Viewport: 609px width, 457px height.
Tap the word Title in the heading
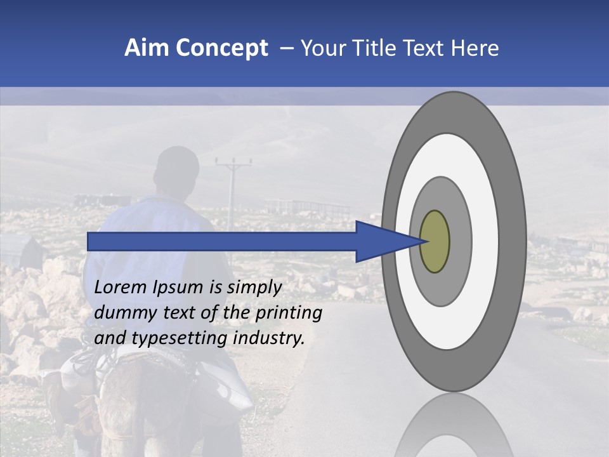(x=376, y=48)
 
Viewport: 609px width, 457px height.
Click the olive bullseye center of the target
(x=435, y=242)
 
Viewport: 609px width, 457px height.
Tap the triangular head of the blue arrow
(x=381, y=242)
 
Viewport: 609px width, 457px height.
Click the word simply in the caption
(x=254, y=288)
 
